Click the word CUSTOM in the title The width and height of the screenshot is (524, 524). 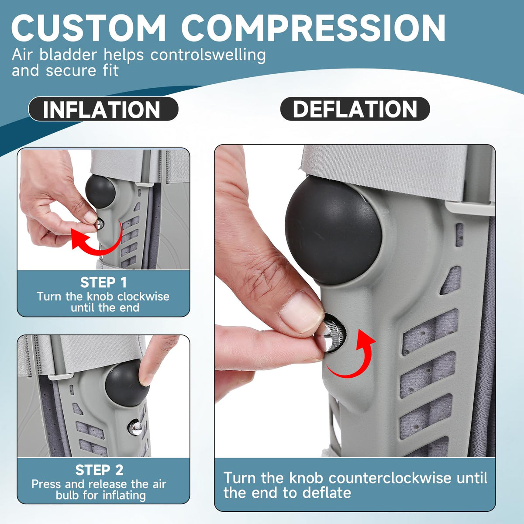[x=88, y=28]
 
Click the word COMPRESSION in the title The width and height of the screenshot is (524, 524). [x=313, y=28]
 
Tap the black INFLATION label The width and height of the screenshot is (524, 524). [x=103, y=109]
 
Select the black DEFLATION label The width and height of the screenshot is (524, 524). [x=355, y=109]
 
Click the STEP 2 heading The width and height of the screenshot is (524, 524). [x=99, y=470]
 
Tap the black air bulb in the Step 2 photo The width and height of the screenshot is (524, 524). [x=127, y=383]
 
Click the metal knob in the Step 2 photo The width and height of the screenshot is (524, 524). [x=135, y=427]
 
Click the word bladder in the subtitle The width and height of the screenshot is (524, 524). [x=69, y=55]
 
